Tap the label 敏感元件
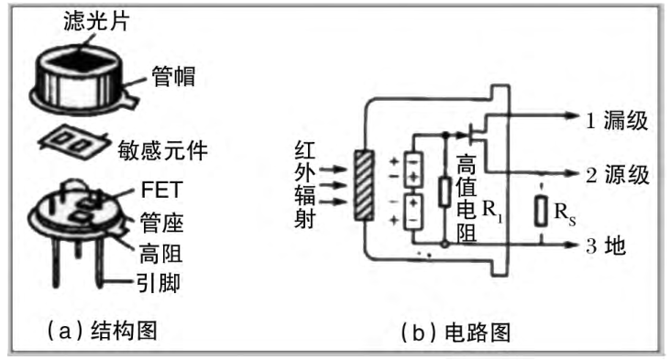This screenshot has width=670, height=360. [x=166, y=148]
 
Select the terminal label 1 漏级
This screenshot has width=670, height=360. [x=617, y=118]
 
